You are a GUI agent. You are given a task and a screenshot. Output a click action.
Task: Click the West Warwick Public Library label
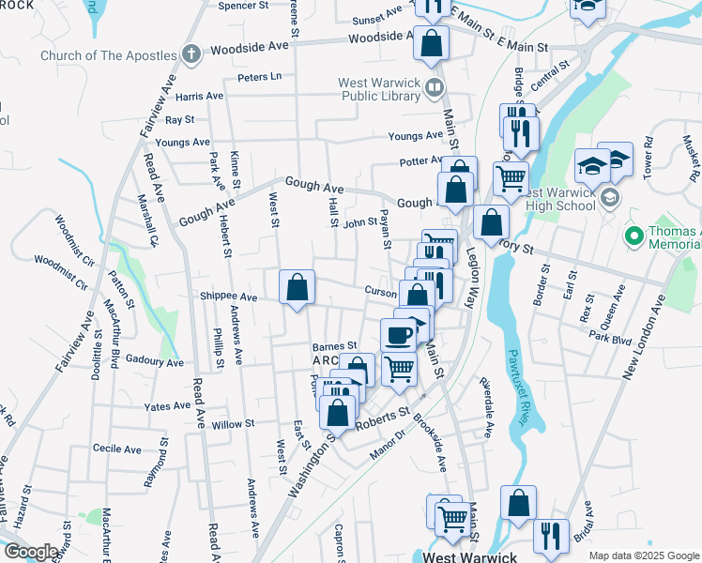(378, 89)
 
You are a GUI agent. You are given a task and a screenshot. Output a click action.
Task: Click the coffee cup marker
(398, 334)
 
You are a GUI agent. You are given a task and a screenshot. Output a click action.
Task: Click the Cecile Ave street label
(116, 449)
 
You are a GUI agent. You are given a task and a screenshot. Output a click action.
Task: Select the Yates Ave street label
(169, 406)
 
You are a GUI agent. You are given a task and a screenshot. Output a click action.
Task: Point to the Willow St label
(233, 424)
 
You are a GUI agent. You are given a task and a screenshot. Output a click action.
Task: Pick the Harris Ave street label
(198, 96)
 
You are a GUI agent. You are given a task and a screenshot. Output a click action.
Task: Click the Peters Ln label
(259, 77)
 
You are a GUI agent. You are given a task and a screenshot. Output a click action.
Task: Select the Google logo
(30, 552)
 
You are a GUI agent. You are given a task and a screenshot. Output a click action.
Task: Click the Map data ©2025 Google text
(643, 555)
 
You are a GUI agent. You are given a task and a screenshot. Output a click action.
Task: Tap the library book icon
(434, 90)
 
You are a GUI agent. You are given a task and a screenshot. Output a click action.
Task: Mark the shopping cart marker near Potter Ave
(511, 177)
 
